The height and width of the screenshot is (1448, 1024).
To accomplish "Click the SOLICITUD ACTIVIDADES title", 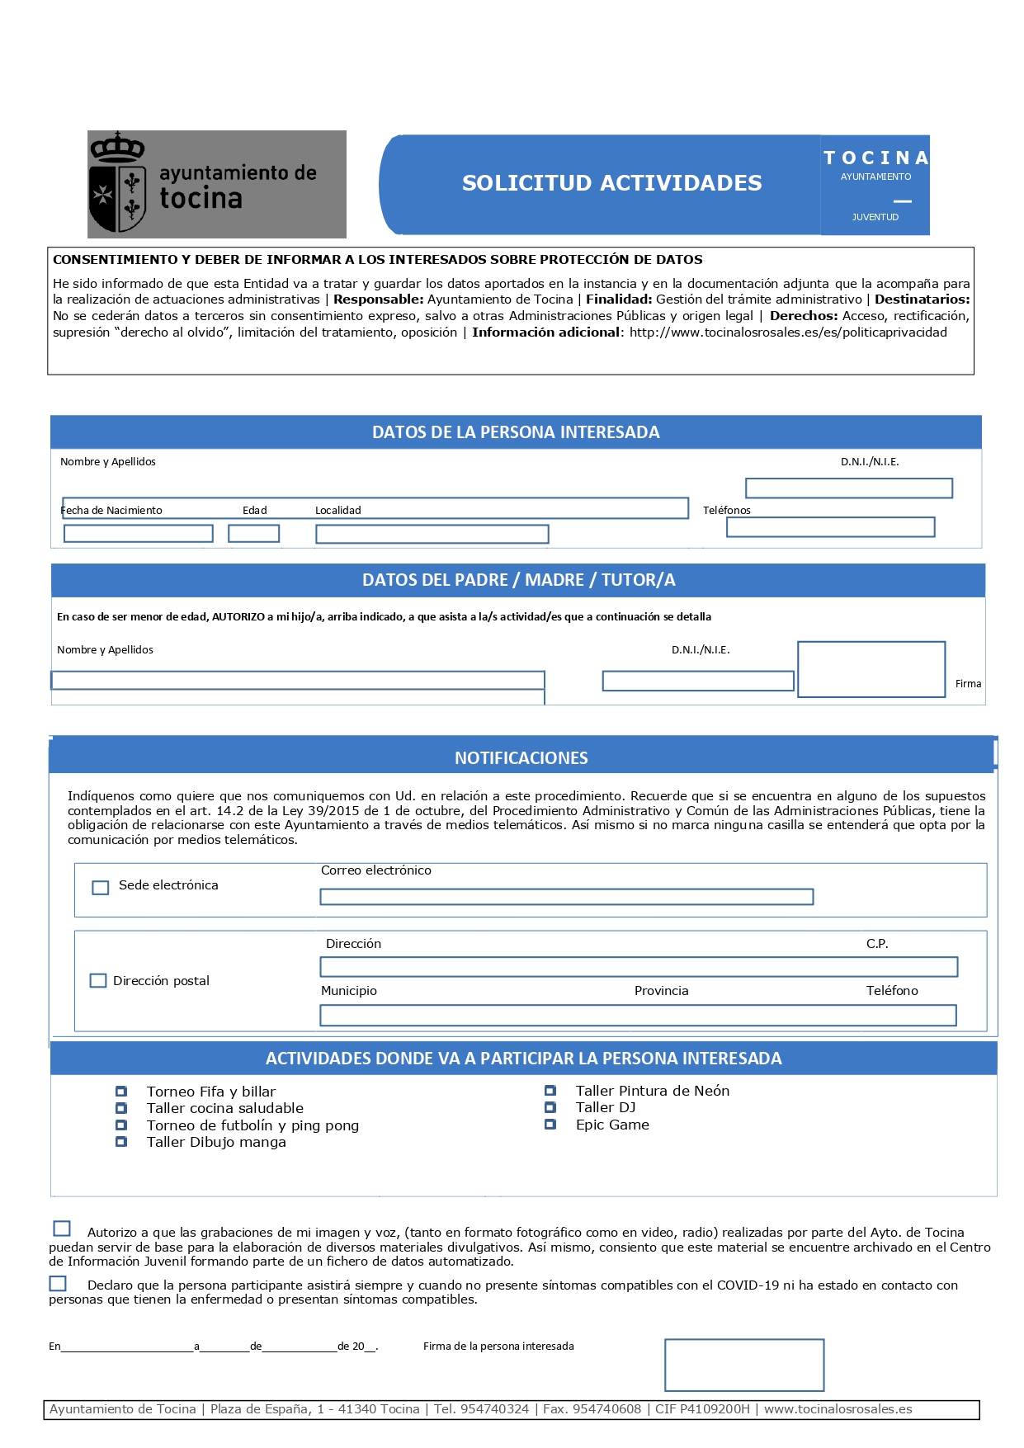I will point(611,183).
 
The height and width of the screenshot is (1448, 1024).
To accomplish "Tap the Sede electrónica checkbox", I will point(101,888).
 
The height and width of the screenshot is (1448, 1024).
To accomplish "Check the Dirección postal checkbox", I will point(98,981).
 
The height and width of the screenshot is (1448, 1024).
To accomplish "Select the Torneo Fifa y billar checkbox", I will point(121,1092).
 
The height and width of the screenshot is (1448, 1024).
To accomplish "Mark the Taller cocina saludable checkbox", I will point(121,1108).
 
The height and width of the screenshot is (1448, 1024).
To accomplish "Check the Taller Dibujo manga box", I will point(121,1142).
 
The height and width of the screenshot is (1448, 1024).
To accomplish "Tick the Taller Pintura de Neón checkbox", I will point(550,1091).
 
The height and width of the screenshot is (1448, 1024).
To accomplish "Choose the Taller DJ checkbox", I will point(550,1107).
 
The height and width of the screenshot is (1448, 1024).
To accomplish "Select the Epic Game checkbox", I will point(550,1125).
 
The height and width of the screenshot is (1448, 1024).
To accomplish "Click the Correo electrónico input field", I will point(566,897).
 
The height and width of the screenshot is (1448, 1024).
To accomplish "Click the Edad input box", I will point(253,534).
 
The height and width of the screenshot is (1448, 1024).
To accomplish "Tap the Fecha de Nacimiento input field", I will point(138,534).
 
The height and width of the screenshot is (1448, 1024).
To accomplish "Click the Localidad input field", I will point(432,535).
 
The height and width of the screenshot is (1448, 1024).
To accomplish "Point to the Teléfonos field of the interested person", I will point(830,527).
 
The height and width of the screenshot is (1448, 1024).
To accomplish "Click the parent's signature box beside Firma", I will point(871,669).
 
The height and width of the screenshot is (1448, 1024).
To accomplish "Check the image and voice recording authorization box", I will point(62,1229).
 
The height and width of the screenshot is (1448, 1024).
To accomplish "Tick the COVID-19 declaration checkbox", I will point(58,1284).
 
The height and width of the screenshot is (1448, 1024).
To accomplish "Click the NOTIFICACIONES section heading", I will point(521,758).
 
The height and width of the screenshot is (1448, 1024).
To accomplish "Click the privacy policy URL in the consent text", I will point(788,333).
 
